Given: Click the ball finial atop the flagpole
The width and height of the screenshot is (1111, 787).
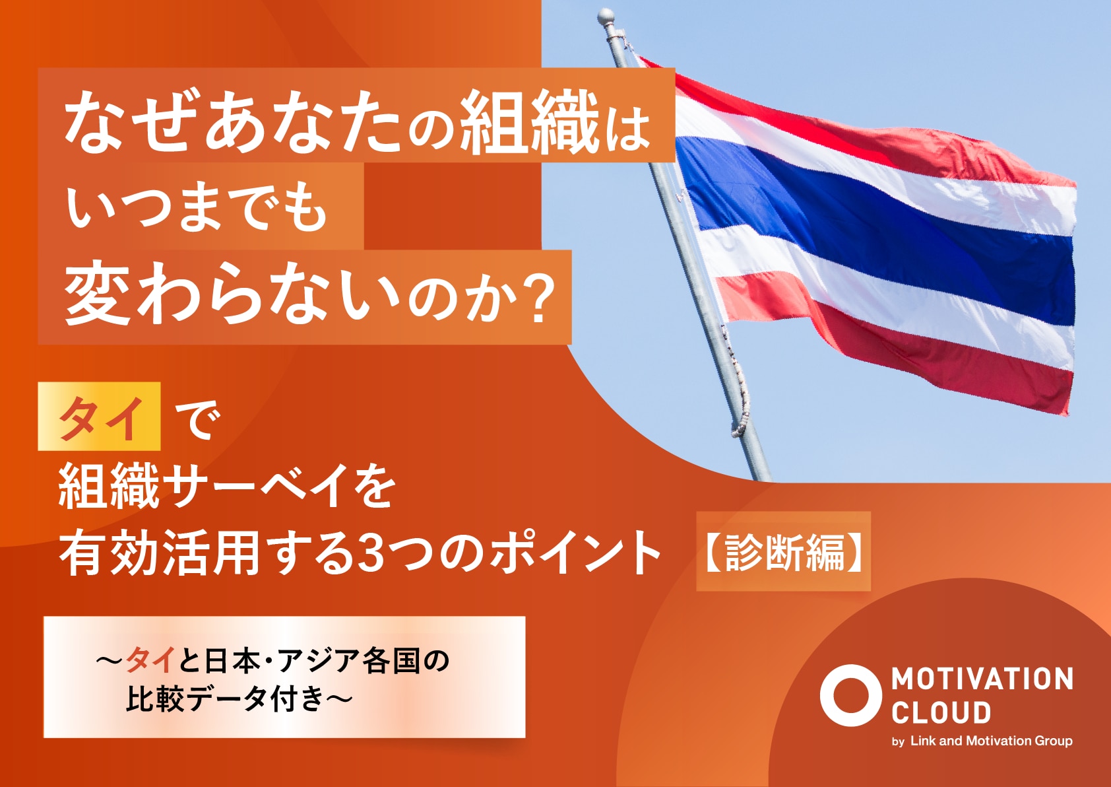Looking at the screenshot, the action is [x=606, y=17].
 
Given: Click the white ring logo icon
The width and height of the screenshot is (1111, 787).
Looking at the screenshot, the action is [x=851, y=695].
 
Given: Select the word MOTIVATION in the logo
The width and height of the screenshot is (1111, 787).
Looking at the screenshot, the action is [x=982, y=679].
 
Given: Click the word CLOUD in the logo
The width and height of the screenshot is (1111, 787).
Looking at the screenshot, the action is [x=941, y=712].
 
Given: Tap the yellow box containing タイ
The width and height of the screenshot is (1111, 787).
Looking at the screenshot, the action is [x=99, y=417].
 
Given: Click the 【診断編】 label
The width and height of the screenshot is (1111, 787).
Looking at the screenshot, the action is [x=783, y=552].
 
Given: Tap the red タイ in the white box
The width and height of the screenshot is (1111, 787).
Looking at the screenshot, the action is [x=150, y=660].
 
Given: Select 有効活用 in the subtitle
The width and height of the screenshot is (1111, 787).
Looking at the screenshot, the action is [x=159, y=553].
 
